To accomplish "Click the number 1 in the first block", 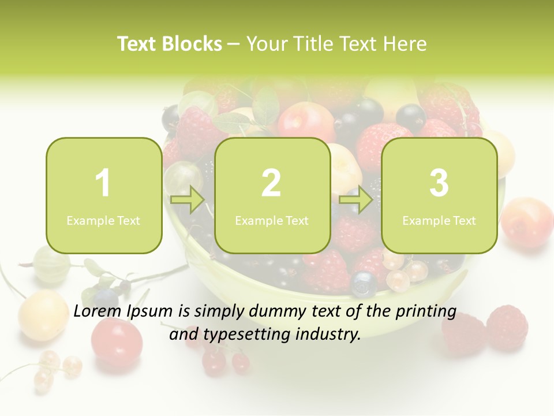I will point(103,183).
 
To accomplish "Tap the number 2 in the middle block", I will point(271,183).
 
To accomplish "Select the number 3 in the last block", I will point(439,183).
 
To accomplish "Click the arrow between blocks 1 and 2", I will point(188,200).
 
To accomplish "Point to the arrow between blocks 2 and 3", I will point(355,200).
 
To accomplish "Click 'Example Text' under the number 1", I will point(103,220).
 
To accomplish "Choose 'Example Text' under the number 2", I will point(272,220).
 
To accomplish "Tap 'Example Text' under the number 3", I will point(439,220).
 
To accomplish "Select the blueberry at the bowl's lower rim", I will point(364,283).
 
